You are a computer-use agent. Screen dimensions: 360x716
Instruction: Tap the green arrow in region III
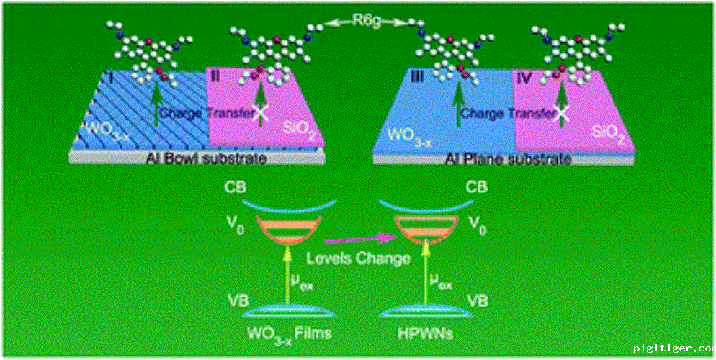pos(458,101)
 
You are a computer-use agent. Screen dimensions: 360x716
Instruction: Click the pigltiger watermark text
pos(673,349)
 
